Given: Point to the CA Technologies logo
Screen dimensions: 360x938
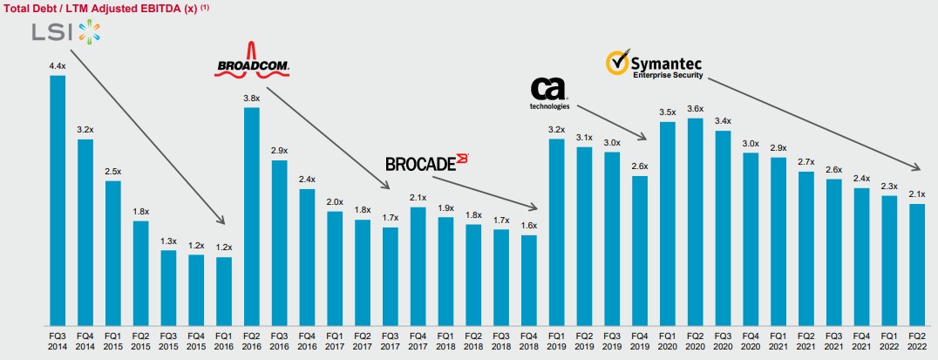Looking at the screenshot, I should (549, 93).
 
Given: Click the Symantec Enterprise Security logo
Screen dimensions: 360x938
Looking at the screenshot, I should (654, 65).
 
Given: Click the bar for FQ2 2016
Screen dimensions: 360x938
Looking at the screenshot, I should (252, 214).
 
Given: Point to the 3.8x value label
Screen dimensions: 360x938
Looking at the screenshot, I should (252, 98).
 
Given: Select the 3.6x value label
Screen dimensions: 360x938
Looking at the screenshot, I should (695, 108).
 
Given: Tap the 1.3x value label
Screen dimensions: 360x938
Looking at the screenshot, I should (169, 241).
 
